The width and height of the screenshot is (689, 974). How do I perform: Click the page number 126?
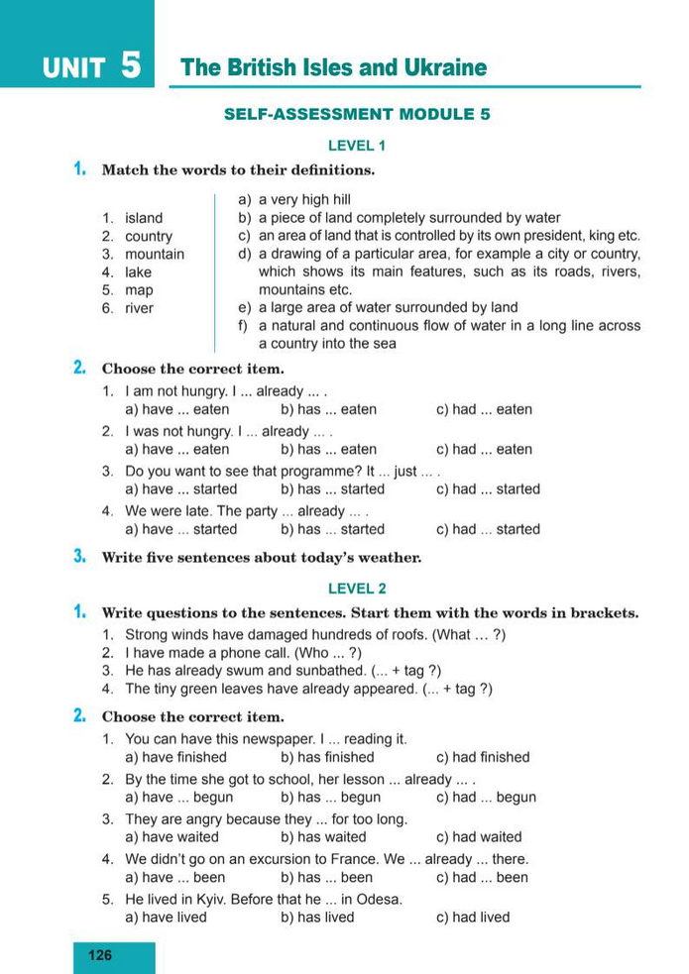(100, 955)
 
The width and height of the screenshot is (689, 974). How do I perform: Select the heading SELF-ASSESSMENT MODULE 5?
(357, 114)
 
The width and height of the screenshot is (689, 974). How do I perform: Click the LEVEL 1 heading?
(357, 146)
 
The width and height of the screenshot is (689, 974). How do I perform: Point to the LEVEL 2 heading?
(357, 589)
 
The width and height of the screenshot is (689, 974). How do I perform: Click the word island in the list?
(144, 218)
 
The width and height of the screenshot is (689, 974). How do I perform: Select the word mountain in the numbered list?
(155, 254)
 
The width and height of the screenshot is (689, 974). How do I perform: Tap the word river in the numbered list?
(140, 308)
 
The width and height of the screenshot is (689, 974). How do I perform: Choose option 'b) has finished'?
(327, 757)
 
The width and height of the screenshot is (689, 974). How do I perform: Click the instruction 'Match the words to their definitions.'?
(238, 169)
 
